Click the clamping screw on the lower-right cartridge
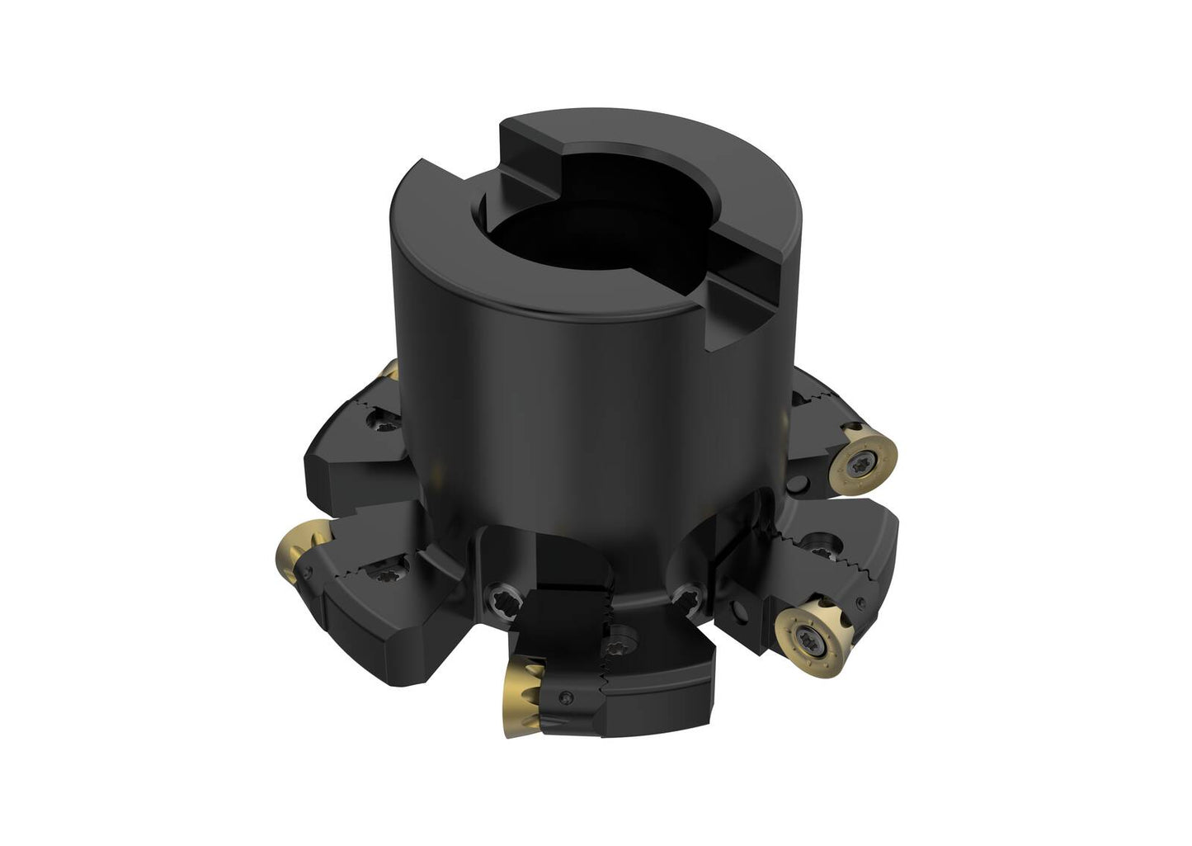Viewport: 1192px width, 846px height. click(817, 545)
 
